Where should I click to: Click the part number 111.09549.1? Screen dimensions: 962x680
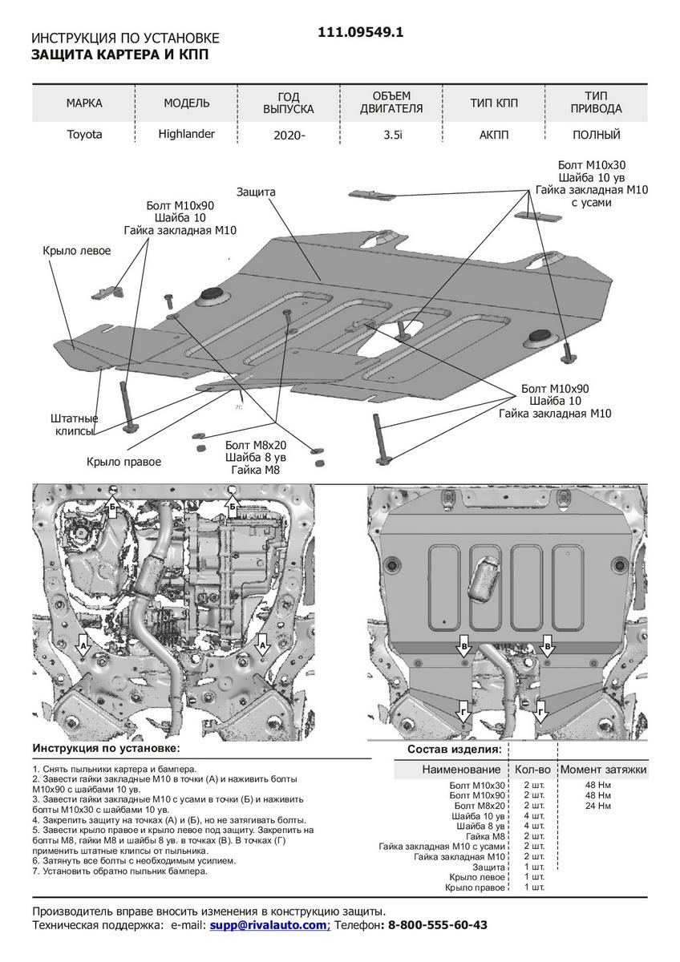[361, 33]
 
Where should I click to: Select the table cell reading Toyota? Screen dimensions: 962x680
[84, 135]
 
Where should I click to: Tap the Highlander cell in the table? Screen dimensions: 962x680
[187, 134]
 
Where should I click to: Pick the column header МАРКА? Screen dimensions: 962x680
[84, 103]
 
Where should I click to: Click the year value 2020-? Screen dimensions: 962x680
[289, 135]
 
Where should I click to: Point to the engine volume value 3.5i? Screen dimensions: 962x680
[392, 135]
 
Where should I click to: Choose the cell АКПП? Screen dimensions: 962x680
[495, 135]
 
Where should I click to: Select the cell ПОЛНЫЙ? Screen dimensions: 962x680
[597, 135]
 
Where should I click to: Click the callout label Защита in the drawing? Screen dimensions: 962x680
[256, 192]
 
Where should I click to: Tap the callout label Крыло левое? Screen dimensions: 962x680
[77, 251]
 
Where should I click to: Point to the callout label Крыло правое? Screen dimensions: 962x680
[124, 462]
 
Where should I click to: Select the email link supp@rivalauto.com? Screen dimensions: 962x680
[269, 924]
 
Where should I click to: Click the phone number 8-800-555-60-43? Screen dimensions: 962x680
[437, 924]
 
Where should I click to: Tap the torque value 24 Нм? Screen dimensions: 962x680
[597, 805]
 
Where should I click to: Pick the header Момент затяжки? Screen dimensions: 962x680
[603, 770]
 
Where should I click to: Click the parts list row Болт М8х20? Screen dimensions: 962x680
[480, 805]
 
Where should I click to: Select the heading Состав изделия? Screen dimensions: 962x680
[454, 750]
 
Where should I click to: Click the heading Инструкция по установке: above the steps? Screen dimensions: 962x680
[107, 748]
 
